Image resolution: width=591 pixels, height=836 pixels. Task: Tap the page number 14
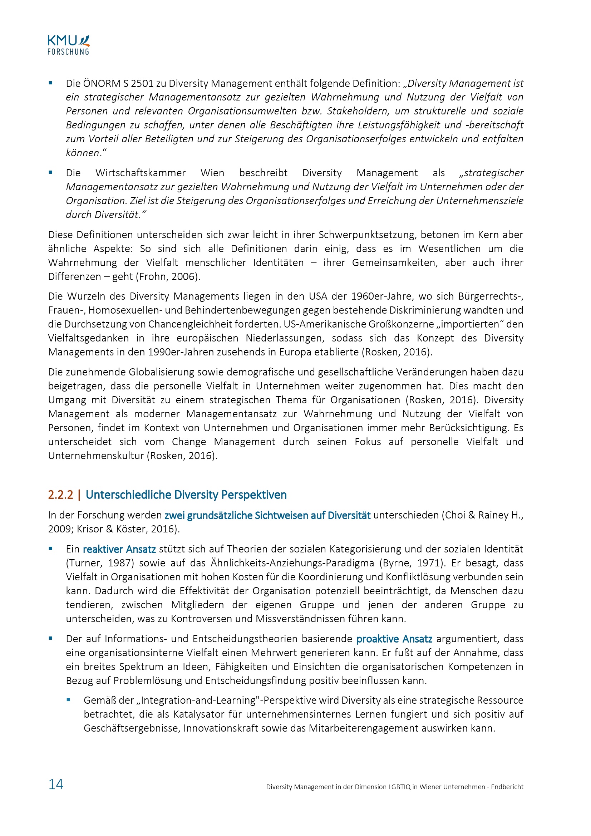(56, 784)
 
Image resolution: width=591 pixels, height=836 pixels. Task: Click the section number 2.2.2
(60, 495)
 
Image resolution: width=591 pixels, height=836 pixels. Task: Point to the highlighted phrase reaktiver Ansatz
(119, 549)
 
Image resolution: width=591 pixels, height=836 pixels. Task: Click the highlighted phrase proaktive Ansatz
(394, 639)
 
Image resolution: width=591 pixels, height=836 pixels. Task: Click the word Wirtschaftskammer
(141, 173)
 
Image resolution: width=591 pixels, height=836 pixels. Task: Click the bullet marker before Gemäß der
(68, 700)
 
